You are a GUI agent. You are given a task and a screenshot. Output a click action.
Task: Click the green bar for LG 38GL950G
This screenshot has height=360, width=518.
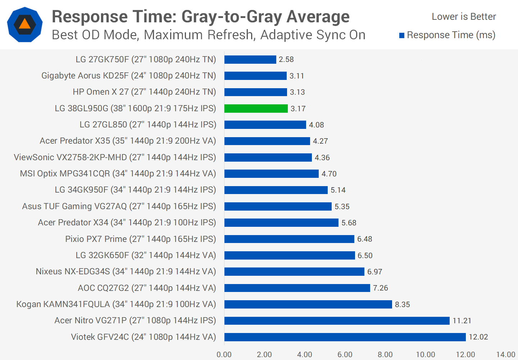[256, 108]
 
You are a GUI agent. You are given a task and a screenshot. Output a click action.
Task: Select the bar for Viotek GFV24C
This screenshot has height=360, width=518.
[345, 337]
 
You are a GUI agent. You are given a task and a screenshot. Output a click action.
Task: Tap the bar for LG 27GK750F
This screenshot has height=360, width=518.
[250, 59]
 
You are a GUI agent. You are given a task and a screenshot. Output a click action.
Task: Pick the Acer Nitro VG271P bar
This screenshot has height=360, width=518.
[337, 320]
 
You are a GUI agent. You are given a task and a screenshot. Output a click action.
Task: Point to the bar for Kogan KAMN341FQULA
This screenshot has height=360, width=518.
[308, 304]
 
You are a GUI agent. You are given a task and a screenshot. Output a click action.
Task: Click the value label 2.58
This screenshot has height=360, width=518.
[286, 59]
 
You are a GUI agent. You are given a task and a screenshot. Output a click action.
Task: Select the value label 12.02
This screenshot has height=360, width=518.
[478, 337]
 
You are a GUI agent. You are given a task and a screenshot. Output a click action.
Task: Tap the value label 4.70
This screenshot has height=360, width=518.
[329, 174]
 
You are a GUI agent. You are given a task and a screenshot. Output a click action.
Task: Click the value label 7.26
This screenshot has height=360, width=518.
[381, 288]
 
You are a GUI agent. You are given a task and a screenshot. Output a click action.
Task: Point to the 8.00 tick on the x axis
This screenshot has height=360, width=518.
[385, 355]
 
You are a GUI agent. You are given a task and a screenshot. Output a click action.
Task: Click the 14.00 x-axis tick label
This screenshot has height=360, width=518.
[506, 355]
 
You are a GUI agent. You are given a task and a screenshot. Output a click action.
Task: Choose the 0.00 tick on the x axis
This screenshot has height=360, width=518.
[224, 355]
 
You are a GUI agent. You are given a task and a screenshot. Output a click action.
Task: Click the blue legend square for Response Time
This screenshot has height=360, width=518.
[402, 35]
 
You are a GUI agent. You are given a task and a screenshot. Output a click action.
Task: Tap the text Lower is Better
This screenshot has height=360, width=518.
[464, 17]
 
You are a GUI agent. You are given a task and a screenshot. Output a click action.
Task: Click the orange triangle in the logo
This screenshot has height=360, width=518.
[24, 24]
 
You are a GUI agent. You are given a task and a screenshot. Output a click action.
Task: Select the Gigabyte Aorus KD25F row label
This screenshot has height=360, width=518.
[128, 76]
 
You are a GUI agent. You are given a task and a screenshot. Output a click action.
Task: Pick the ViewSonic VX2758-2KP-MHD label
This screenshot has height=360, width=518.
[115, 157]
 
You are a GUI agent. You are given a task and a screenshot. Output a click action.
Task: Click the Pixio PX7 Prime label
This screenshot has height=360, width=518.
[140, 239]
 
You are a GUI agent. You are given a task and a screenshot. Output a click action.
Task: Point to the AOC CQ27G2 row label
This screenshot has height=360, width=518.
[147, 288]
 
